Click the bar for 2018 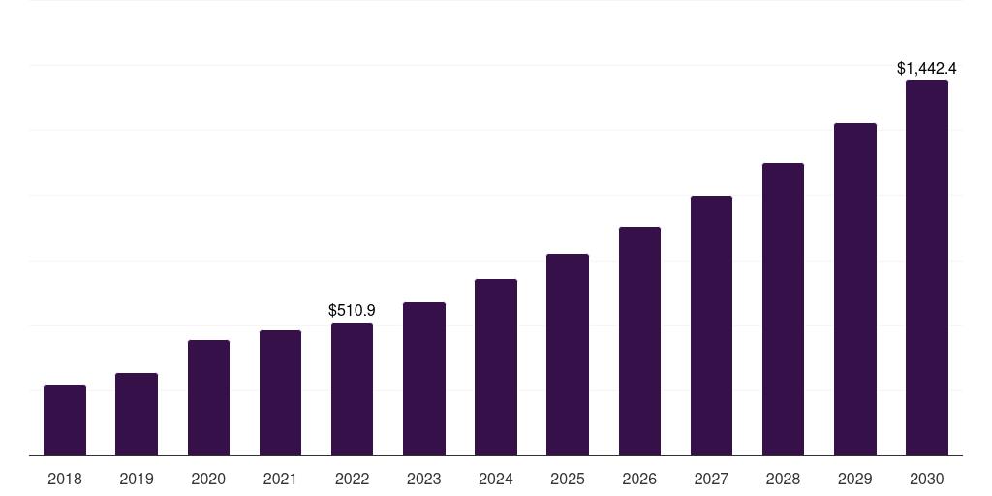(65, 420)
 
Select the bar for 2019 (137, 415)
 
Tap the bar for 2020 (208, 398)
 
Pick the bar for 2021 (280, 393)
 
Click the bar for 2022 (352, 389)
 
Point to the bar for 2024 (496, 367)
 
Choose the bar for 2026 (639, 341)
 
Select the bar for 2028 (783, 309)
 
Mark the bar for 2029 (854, 290)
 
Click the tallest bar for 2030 (927, 268)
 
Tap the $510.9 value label (352, 311)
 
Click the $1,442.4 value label (927, 69)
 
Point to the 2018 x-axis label (65, 479)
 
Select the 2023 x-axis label (424, 479)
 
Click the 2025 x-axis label (568, 479)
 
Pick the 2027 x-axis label (711, 479)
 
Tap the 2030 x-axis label (927, 479)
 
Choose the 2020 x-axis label (208, 479)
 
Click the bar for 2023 (424, 379)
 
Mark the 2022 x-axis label (352, 479)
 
